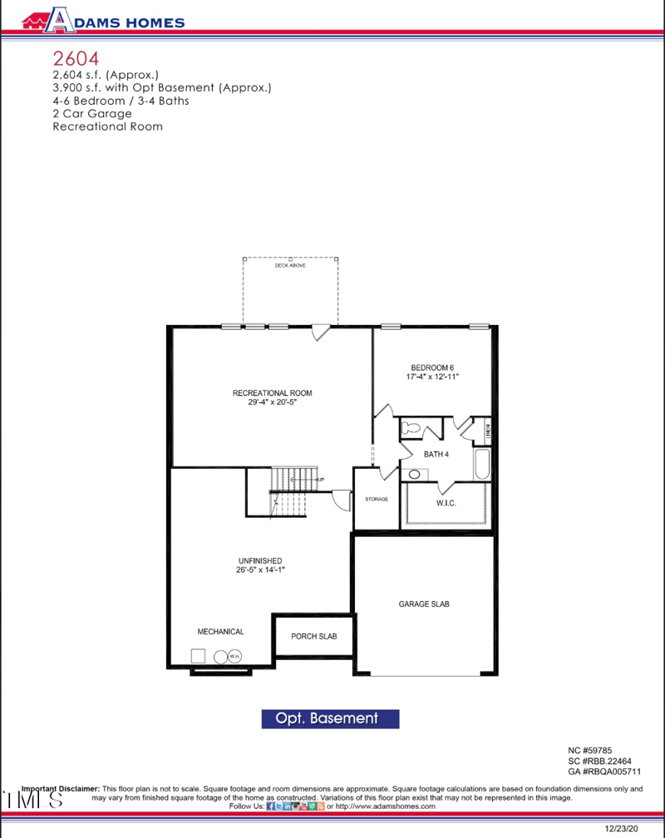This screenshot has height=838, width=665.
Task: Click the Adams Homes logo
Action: pos(103,20)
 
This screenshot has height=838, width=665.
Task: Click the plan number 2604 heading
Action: pos(76,58)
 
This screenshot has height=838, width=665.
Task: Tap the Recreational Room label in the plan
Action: pos(272,392)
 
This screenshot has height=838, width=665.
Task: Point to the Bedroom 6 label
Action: pos(432,367)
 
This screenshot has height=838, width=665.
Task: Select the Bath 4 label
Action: pos(436,455)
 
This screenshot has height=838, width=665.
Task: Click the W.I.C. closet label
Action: pos(446,504)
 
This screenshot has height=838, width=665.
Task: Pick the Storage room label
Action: pos(377,499)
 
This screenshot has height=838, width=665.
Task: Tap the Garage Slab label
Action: pos(424,604)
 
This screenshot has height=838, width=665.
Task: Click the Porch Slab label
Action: pos(313,637)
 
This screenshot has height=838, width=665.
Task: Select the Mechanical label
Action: pos(220,632)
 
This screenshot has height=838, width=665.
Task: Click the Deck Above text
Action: pos(290,265)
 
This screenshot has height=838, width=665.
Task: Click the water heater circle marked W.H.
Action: pos(234,656)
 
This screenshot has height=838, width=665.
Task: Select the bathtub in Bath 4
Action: pos(483,464)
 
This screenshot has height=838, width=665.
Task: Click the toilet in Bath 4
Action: pos(412,430)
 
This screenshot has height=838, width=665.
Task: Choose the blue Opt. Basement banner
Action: pos(330,718)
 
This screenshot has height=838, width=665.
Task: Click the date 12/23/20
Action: pos(622,828)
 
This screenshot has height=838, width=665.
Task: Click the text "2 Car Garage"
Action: pos(91,114)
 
